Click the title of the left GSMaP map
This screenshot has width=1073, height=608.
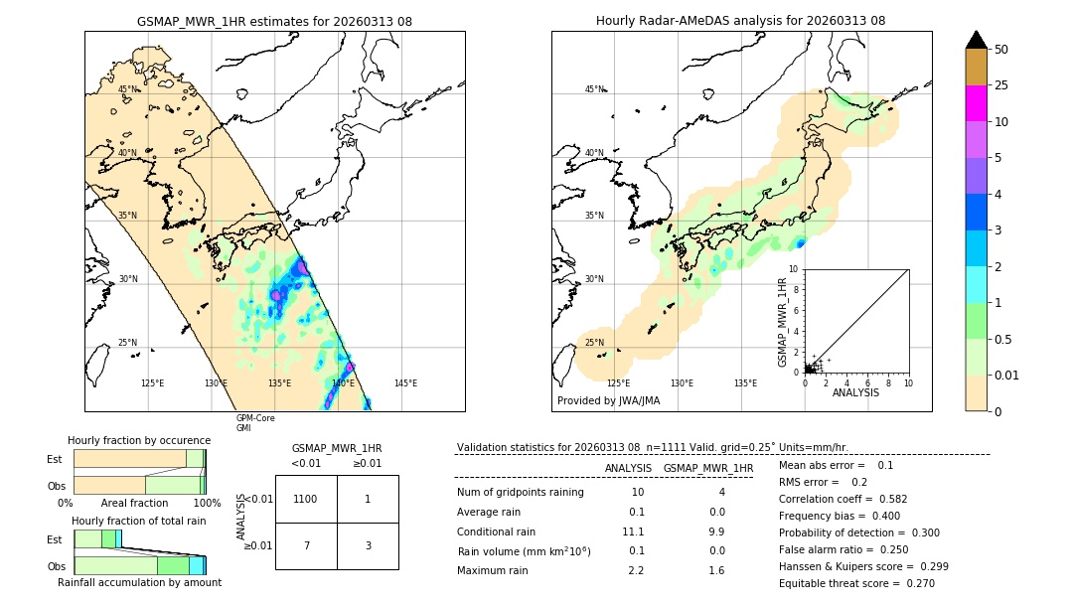click(x=274, y=21)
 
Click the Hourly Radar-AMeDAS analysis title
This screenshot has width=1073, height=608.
click(x=740, y=21)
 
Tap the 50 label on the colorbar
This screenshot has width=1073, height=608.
click(x=1002, y=50)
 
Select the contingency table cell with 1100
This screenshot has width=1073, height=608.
click(x=306, y=499)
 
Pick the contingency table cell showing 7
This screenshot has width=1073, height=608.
click(x=306, y=546)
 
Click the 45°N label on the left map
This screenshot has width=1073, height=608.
click(x=128, y=89)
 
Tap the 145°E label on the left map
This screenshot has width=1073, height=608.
click(x=405, y=383)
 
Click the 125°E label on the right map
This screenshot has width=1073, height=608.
click(x=618, y=383)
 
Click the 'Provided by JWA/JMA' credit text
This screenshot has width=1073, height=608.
click(x=608, y=400)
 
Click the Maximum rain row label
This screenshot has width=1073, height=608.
click(x=499, y=570)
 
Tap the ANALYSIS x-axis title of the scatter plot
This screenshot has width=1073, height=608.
click(x=855, y=392)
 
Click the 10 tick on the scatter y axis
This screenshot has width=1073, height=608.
click(x=794, y=268)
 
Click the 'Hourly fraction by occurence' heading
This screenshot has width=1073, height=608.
click(x=139, y=440)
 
